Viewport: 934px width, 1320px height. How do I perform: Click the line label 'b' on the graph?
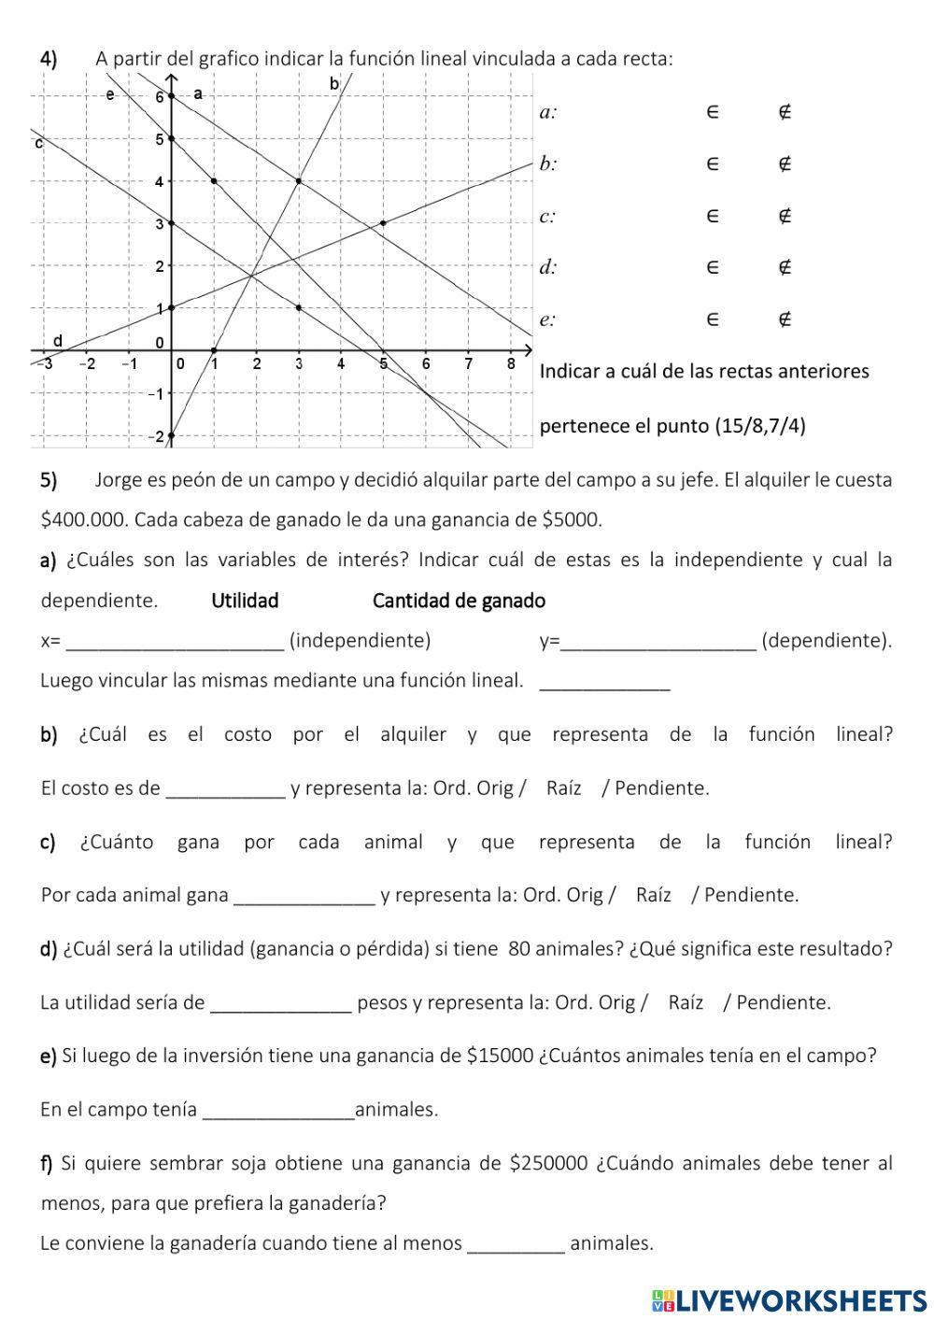pyautogui.click(x=334, y=84)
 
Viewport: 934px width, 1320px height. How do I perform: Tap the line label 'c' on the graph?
pyautogui.click(x=38, y=144)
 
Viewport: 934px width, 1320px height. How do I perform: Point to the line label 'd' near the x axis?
pyautogui.click(x=58, y=341)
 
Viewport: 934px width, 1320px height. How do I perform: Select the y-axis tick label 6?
pyautogui.click(x=159, y=97)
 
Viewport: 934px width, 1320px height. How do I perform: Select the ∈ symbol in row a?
pyautogui.click(x=712, y=112)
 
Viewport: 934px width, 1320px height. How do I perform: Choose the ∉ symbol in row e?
pyautogui.click(x=785, y=319)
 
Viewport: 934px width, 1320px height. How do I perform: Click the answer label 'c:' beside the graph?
pyautogui.click(x=548, y=217)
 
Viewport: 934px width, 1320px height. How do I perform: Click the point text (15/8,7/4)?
pyautogui.click(x=759, y=426)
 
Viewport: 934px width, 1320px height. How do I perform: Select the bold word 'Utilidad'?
pyautogui.click(x=245, y=601)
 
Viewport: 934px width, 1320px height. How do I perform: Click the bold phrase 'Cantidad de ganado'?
pyautogui.click(x=459, y=601)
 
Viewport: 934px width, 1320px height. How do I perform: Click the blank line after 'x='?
pyautogui.click(x=177, y=643)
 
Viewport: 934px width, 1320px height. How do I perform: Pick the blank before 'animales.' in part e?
pyautogui.click(x=278, y=1111)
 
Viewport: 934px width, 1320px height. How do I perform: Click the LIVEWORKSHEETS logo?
pyautogui.click(x=789, y=1299)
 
